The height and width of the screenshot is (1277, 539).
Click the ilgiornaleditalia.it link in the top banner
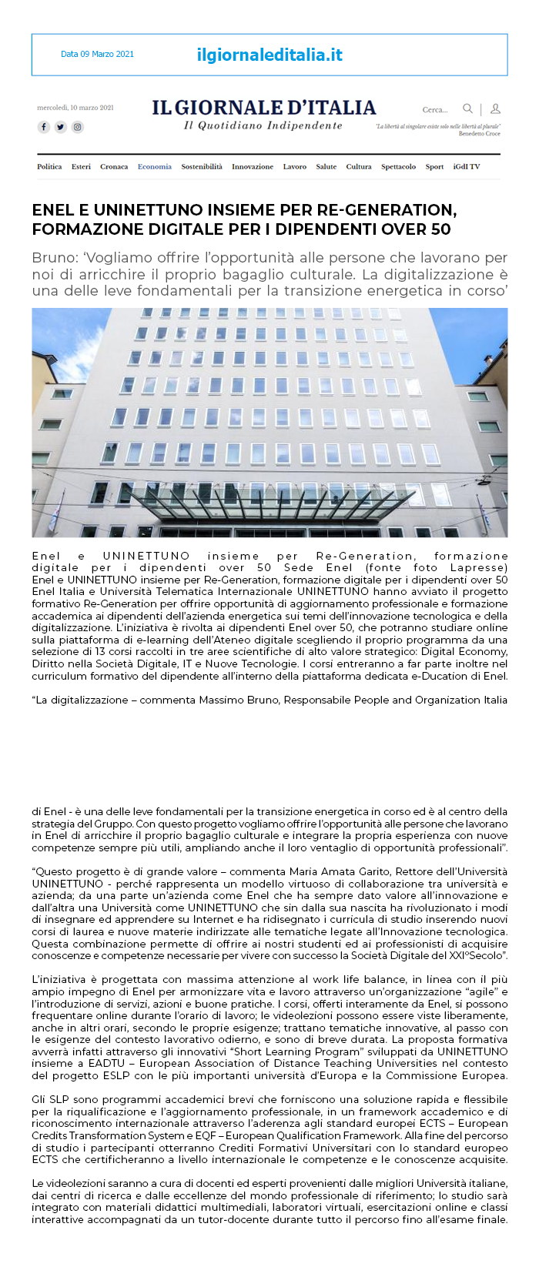269,55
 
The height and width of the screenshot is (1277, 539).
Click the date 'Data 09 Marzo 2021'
97,54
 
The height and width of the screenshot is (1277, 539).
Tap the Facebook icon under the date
44,127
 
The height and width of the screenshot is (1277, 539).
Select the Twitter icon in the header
61,127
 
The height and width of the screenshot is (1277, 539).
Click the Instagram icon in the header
78,127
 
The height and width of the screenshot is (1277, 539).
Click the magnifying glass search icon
467,109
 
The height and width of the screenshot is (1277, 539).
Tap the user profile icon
495,109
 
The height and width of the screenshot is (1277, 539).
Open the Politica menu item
49,166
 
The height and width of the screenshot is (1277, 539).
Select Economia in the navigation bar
155,166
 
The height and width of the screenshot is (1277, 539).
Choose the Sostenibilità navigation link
202,166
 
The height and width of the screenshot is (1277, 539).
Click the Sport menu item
434,166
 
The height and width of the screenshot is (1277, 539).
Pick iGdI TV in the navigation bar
466,166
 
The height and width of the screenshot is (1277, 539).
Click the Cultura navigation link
359,166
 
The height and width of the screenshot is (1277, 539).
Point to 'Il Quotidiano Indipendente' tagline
263,125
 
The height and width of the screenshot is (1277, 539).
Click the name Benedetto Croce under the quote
479,134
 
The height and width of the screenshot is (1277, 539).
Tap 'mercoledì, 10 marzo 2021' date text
75,108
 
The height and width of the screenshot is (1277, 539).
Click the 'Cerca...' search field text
434,109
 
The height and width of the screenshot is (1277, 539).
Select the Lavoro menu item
294,166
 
